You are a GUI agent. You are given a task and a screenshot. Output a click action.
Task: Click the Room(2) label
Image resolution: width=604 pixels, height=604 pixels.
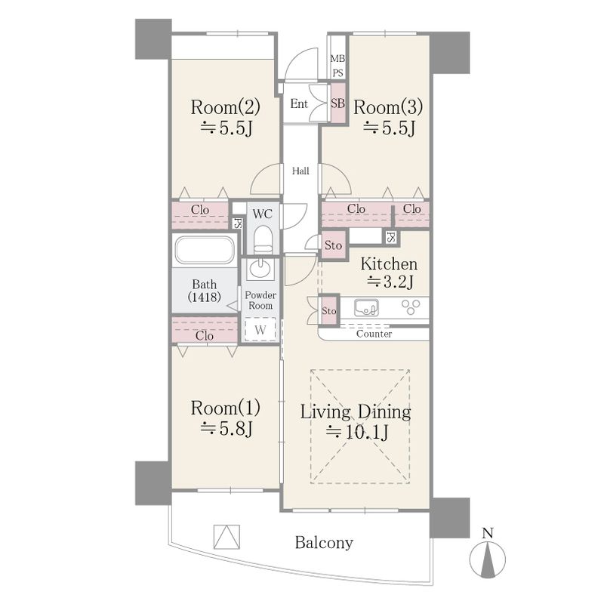tap(225, 107)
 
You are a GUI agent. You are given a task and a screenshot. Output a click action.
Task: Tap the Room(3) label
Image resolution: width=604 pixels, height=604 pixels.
tap(388, 107)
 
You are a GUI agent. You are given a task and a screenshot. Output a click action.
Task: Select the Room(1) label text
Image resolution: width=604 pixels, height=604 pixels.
tap(225, 408)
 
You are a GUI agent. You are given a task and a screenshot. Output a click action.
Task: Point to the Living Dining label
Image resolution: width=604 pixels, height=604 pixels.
tap(356, 411)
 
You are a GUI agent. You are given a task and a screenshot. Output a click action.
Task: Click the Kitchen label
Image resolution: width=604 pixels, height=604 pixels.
tap(389, 263)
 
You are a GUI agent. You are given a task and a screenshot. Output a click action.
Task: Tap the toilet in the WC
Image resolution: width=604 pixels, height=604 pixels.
tap(263, 239)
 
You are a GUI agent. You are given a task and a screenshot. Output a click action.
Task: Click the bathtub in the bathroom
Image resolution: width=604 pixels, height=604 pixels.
tap(205, 250)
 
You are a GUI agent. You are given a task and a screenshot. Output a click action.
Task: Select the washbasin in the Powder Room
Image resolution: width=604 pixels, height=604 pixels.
tap(260, 268)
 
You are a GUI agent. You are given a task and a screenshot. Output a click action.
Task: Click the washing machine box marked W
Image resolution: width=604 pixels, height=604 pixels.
tap(260, 329)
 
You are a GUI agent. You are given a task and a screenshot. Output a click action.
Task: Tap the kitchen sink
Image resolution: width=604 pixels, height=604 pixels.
tap(366, 308)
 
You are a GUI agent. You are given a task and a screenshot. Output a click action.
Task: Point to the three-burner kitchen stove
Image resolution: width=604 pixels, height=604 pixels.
tap(411, 307)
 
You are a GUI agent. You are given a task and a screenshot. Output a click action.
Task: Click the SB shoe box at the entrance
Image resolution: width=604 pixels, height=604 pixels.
tap(338, 103)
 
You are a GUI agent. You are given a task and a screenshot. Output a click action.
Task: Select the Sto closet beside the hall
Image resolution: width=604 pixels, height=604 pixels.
tap(333, 245)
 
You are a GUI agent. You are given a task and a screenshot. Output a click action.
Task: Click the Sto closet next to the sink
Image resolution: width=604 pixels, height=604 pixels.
tap(329, 310)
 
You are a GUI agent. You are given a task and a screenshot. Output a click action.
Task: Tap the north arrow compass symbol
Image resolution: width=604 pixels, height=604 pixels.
tap(488, 559)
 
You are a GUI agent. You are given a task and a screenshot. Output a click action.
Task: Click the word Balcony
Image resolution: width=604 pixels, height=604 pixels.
tap(324, 543)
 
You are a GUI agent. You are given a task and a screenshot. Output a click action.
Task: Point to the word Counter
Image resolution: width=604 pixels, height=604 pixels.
tap(374, 334)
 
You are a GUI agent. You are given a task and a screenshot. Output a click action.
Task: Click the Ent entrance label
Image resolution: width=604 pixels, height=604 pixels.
tap(299, 103)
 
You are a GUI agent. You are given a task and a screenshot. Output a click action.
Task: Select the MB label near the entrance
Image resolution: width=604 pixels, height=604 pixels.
tap(337, 59)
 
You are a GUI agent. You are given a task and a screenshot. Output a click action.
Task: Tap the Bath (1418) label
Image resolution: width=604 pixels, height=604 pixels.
tap(204, 291)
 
